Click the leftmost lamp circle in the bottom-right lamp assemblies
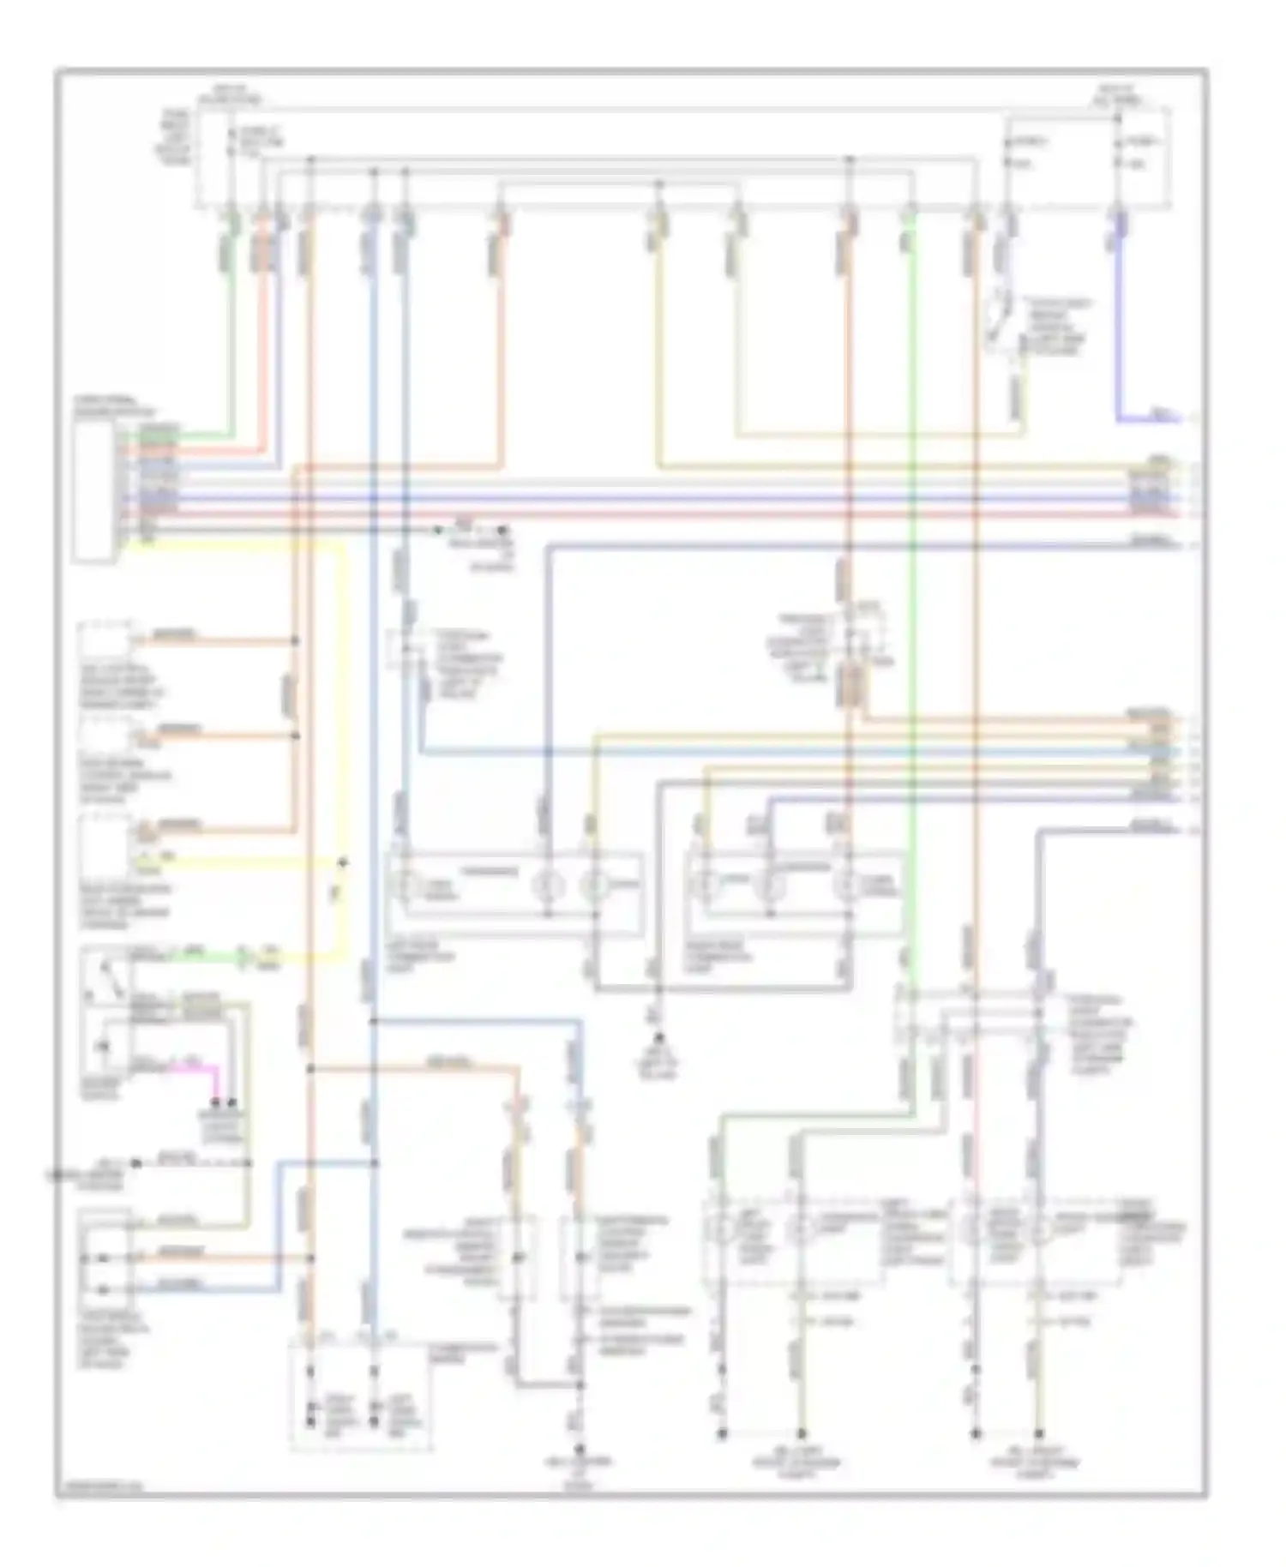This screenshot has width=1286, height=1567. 723,1232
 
